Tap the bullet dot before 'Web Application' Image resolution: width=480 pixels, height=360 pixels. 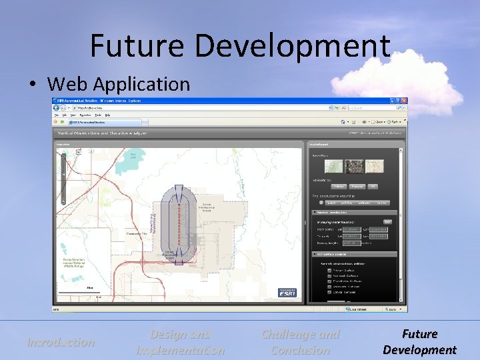pyautogui.click(x=33, y=85)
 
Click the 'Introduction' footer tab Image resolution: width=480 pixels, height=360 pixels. pyautogui.click(x=60, y=342)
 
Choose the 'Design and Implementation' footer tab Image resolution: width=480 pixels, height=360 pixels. pyautogui.click(x=180, y=342)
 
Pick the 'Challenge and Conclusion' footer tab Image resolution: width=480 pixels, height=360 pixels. pyautogui.click(x=300, y=342)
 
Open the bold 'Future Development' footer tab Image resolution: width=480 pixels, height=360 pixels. pyautogui.click(x=419, y=342)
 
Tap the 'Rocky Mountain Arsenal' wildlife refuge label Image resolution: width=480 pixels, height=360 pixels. pyautogui.click(x=73, y=263)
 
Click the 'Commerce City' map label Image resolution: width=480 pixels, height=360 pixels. pyautogui.click(x=137, y=234)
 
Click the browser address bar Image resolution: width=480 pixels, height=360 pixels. pyautogui.click(x=200, y=107)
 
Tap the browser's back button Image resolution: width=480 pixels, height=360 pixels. pyautogui.click(x=59, y=107)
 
